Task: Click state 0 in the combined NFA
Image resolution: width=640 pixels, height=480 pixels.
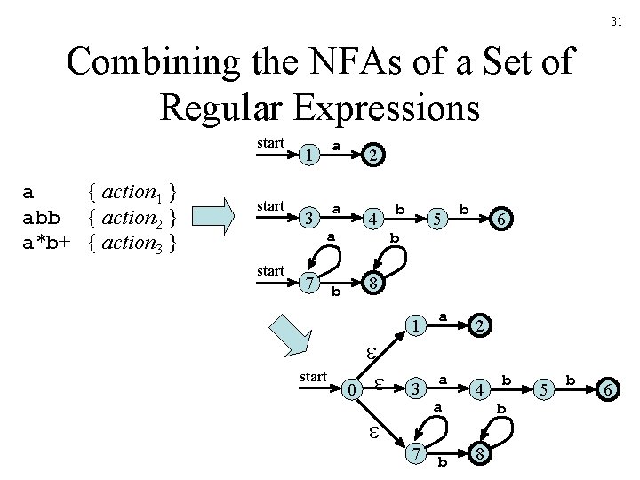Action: [x=353, y=389]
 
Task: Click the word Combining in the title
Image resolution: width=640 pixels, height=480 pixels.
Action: [x=151, y=64]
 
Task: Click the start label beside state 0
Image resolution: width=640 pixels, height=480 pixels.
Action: [x=314, y=377]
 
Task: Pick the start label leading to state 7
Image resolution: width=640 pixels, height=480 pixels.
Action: [x=269, y=270]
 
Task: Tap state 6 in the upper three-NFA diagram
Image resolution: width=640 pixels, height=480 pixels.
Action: [x=501, y=218]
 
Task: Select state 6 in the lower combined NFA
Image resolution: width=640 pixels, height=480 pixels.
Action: [x=609, y=389]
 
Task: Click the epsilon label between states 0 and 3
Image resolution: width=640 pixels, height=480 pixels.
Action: [x=379, y=383]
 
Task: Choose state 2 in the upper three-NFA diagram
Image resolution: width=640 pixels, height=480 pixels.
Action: [x=373, y=155]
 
